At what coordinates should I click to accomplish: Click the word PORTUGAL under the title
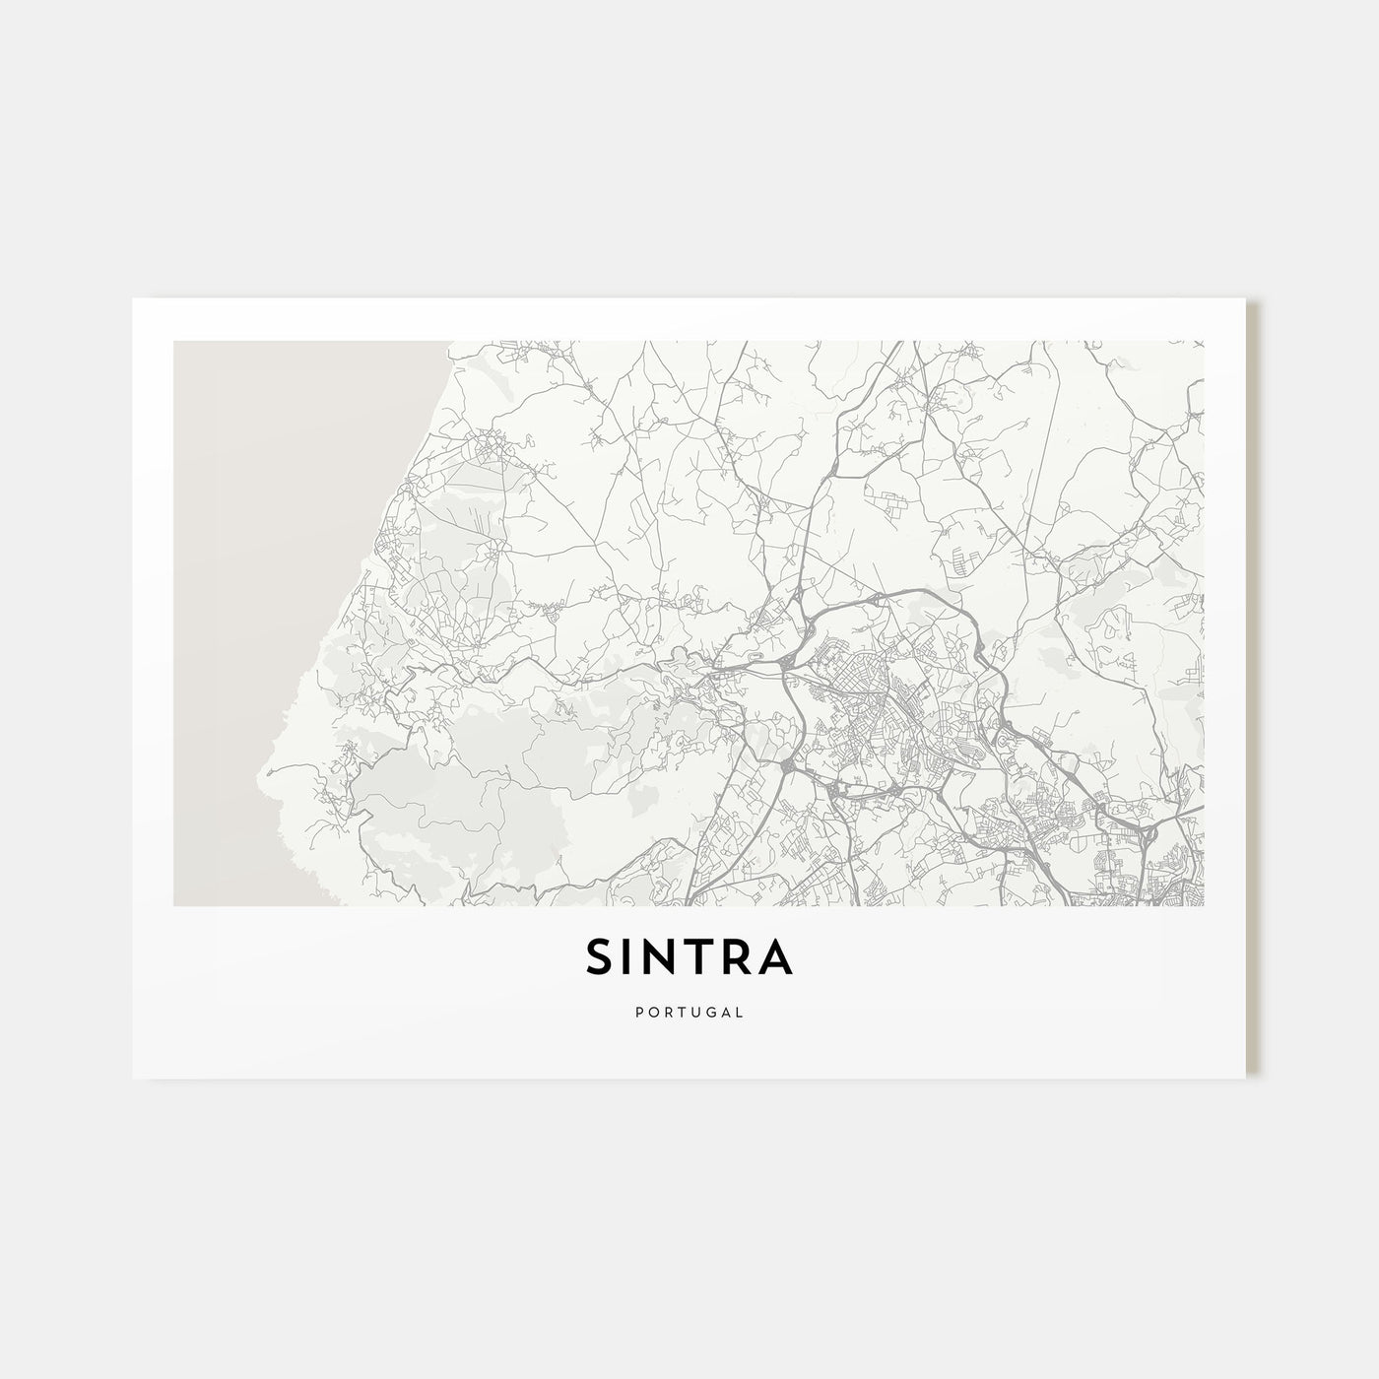[689, 1011]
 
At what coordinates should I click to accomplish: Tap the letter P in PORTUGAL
[639, 1011]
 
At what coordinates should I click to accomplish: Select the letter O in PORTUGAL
[652, 1011]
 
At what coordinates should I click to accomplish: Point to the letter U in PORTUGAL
[694, 1011]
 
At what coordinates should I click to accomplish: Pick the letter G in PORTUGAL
[709, 1011]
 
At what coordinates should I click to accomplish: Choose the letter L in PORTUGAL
[739, 1011]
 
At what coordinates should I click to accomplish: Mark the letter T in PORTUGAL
[681, 1011]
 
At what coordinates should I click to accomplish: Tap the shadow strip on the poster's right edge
[1252, 689]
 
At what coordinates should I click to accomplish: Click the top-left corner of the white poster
[133, 299]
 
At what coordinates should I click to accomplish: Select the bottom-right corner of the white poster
[1246, 1077]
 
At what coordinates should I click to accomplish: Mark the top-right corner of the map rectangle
[1204, 342]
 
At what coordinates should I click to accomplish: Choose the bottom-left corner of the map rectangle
[174, 905]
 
